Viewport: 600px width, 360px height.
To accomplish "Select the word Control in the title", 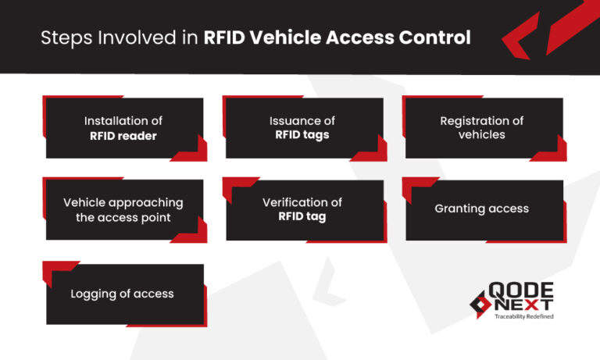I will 439,37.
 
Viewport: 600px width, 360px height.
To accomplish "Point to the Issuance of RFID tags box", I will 303,128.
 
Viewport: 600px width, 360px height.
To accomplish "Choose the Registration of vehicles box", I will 482,128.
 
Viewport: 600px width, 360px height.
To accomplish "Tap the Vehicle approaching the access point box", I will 123,209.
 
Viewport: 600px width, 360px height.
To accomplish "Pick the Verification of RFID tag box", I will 303,209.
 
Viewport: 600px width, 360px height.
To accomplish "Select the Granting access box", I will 482,209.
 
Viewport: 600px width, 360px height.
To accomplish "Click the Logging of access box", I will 123,294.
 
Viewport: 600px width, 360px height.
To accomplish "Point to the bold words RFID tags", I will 302,135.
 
